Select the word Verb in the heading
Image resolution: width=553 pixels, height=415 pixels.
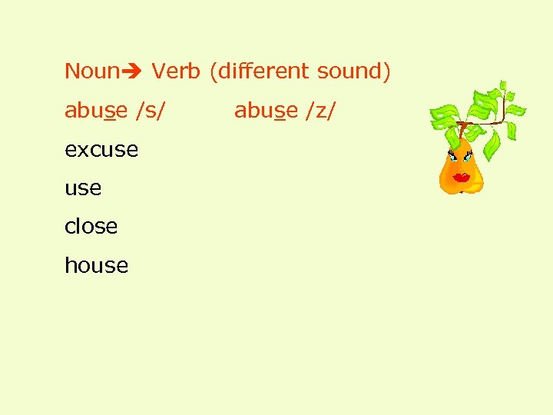pyautogui.click(x=176, y=71)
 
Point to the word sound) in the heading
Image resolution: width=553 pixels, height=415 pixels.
pyautogui.click(x=353, y=71)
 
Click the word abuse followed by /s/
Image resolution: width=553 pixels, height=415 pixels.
pyautogui.click(x=96, y=111)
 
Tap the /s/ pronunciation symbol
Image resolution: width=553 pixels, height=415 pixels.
pyautogui.click(x=150, y=111)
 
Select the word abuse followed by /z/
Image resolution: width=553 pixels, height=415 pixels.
pyautogui.click(x=266, y=111)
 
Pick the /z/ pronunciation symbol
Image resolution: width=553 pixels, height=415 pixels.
pyautogui.click(x=320, y=111)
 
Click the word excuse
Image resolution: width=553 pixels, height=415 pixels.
pyautogui.click(x=101, y=150)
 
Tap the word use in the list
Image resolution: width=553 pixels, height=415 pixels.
pyautogui.click(x=83, y=188)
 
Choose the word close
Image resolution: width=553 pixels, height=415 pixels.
pyautogui.click(x=91, y=227)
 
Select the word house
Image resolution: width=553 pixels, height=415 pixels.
pyautogui.click(x=96, y=266)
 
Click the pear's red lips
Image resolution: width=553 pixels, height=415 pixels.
pyautogui.click(x=461, y=178)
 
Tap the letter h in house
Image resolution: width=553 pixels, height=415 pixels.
pyautogui.click(x=70, y=265)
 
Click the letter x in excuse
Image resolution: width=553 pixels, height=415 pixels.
pyautogui.click(x=81, y=151)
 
